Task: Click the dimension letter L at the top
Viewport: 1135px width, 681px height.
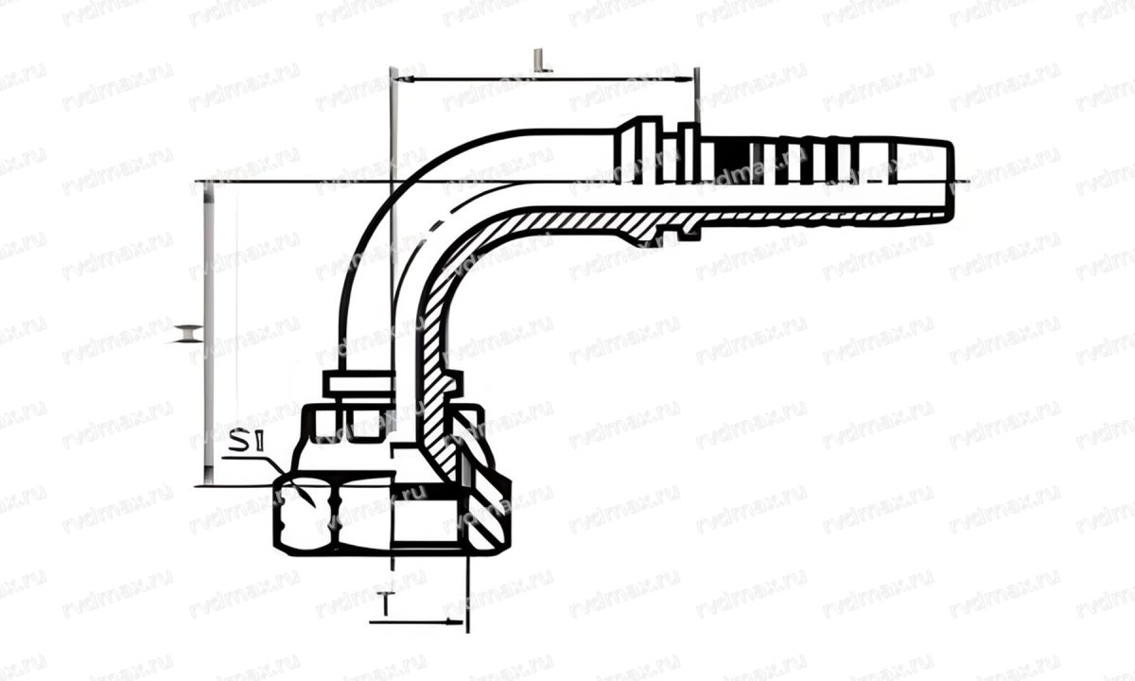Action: pos(538,63)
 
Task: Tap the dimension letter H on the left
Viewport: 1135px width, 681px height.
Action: pos(188,333)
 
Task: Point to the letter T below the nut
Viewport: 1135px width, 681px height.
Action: pos(386,602)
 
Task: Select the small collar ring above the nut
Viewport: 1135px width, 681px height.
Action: pos(356,385)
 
